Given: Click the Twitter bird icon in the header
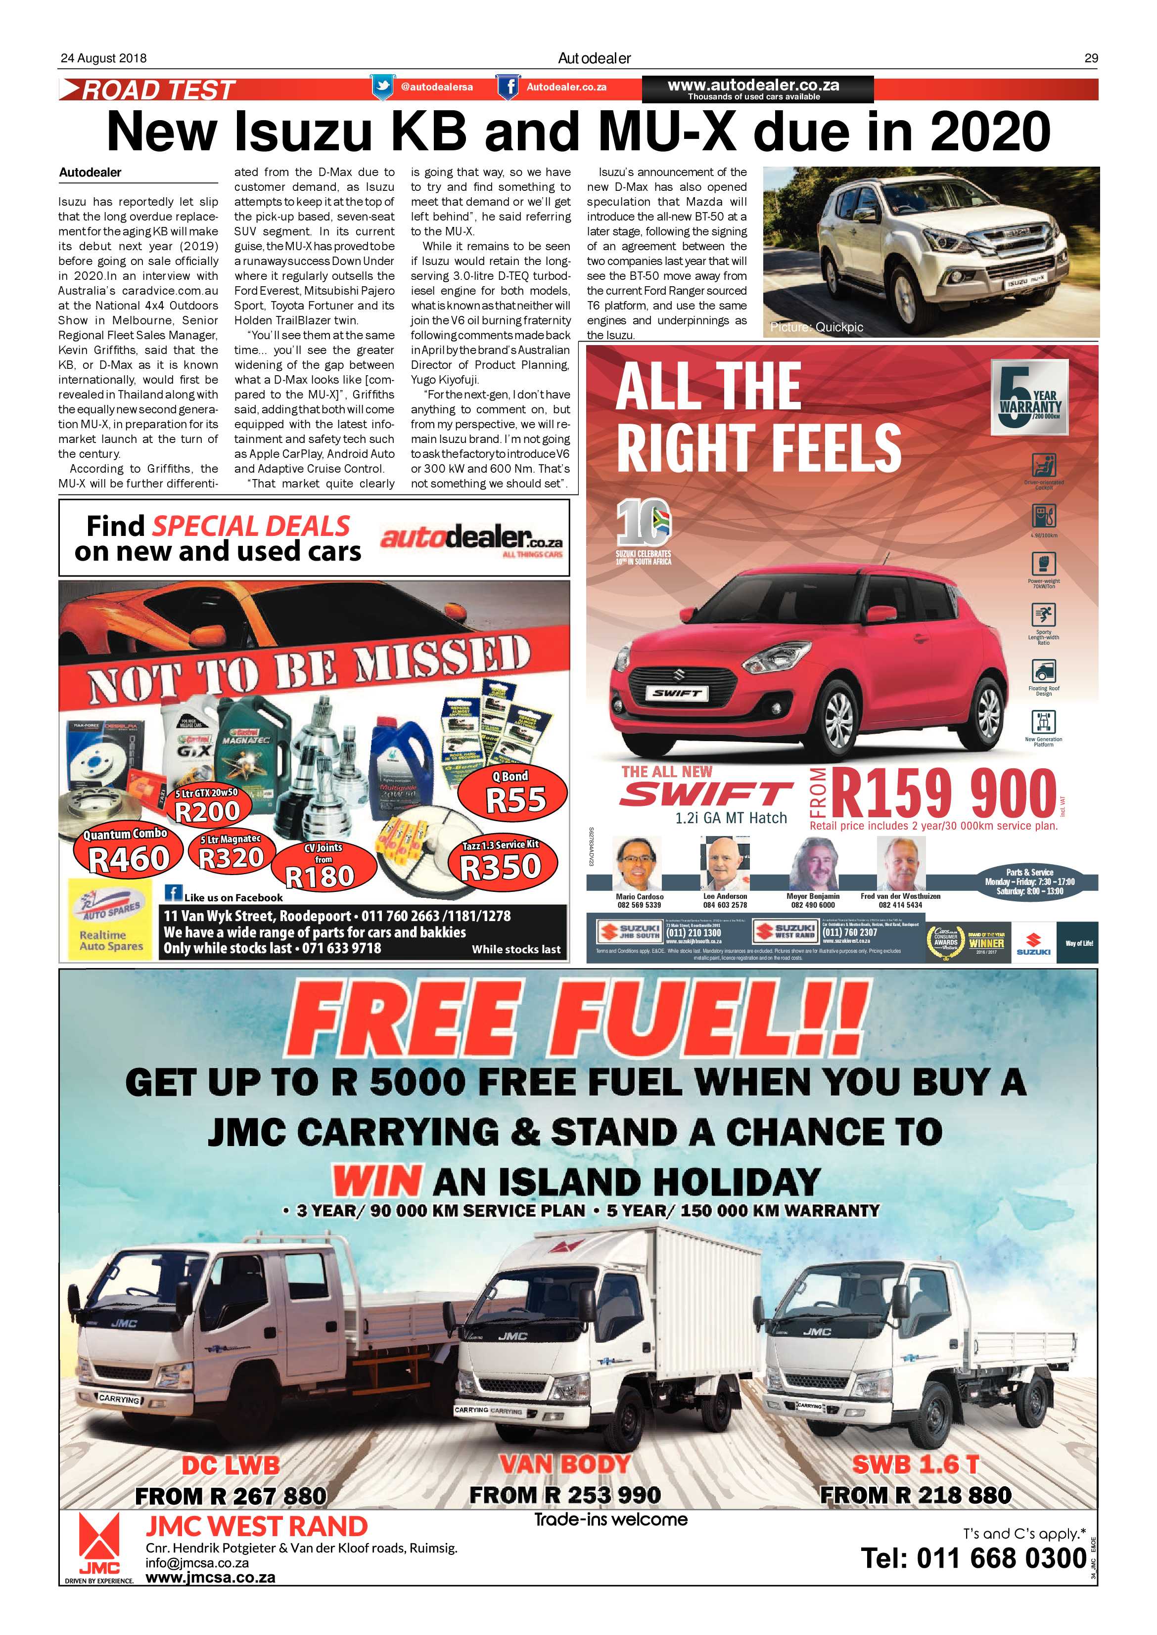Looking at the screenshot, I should [382, 87].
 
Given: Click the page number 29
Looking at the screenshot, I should [1091, 58].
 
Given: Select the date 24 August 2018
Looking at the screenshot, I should [103, 58].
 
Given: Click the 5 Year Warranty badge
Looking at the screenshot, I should [1029, 398].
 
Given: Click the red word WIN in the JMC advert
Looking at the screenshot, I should [377, 1182].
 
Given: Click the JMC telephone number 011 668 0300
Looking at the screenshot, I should [974, 1558].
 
